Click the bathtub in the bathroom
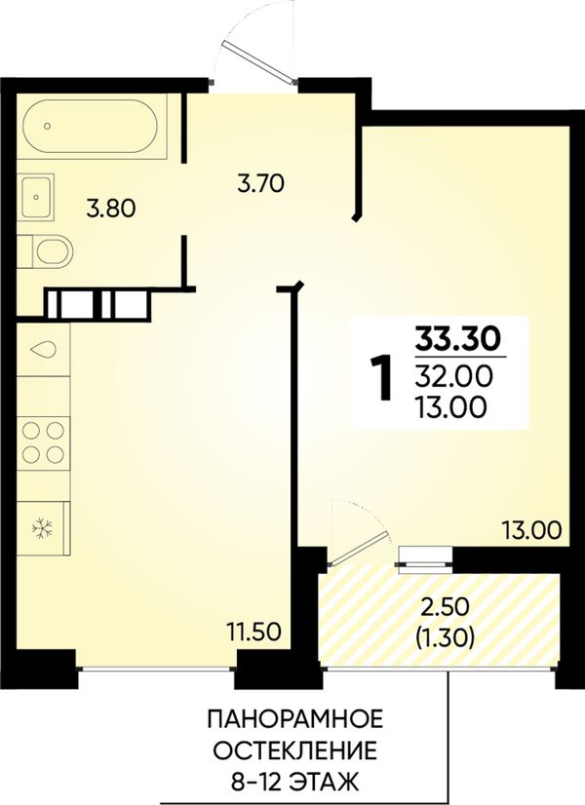point(93,127)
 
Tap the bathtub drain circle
point(48,126)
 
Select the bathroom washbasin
point(35,197)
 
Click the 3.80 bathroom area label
point(111,209)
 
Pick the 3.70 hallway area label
point(261,183)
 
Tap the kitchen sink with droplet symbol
point(43,349)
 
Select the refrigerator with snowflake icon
point(44,528)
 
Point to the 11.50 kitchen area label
point(254,631)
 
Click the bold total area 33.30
point(458,338)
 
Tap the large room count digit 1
point(381,378)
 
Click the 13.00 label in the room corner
point(531,530)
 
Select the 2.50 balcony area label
point(445,608)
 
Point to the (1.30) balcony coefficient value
point(445,637)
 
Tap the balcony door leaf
point(358,549)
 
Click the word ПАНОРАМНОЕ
point(295,719)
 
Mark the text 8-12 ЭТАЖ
point(294,783)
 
